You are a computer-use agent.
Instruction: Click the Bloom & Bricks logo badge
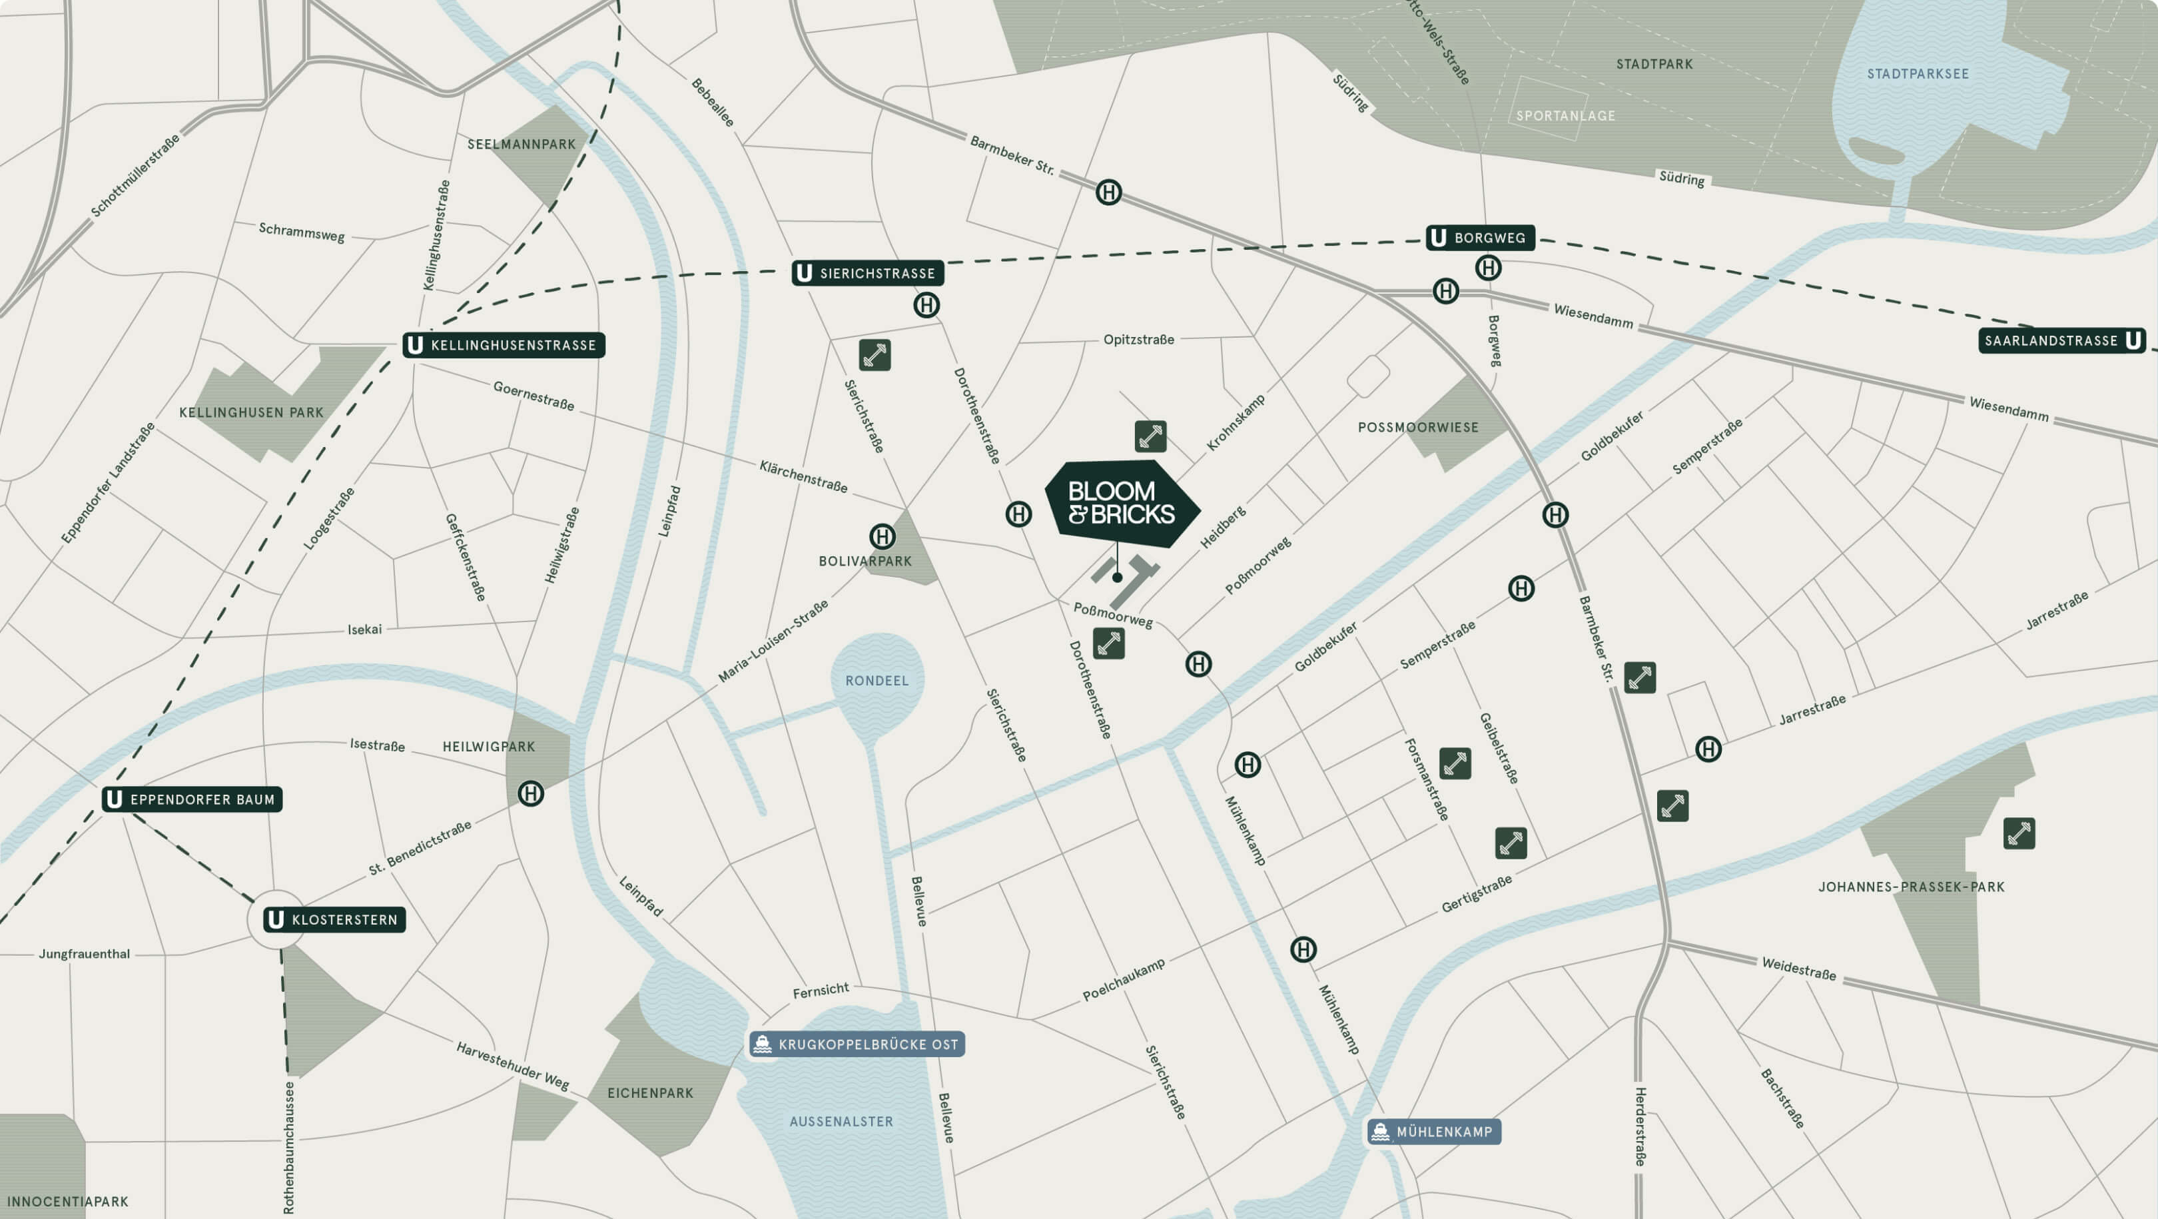[x=1121, y=503]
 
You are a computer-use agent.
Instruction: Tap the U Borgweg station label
[x=1480, y=238]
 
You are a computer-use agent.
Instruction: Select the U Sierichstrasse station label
[x=868, y=273]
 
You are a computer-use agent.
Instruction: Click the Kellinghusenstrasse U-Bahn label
[x=504, y=345]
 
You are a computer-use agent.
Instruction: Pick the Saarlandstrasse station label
[x=2061, y=340]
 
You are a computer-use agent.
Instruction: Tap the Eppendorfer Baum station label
[x=192, y=799]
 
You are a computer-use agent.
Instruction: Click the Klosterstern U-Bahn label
[x=334, y=920]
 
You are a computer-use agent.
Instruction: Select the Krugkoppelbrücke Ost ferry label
[x=857, y=1044]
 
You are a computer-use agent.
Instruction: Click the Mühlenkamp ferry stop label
[x=1434, y=1132]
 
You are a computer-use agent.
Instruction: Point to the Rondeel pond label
[x=877, y=680]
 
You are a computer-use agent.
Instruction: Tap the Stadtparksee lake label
[x=1918, y=74]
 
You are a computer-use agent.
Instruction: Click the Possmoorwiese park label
[x=1417, y=427]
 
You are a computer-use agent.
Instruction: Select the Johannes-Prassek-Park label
[x=1911, y=887]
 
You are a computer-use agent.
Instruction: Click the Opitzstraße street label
[x=1138, y=339]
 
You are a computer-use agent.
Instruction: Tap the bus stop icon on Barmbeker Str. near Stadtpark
[x=1108, y=193]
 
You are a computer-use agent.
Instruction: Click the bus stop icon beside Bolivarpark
[x=881, y=536]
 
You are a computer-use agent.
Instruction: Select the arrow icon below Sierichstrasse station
[x=875, y=355]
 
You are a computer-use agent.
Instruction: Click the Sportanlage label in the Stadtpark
[x=1565, y=116]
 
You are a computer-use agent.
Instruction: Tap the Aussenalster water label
[x=841, y=1121]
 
